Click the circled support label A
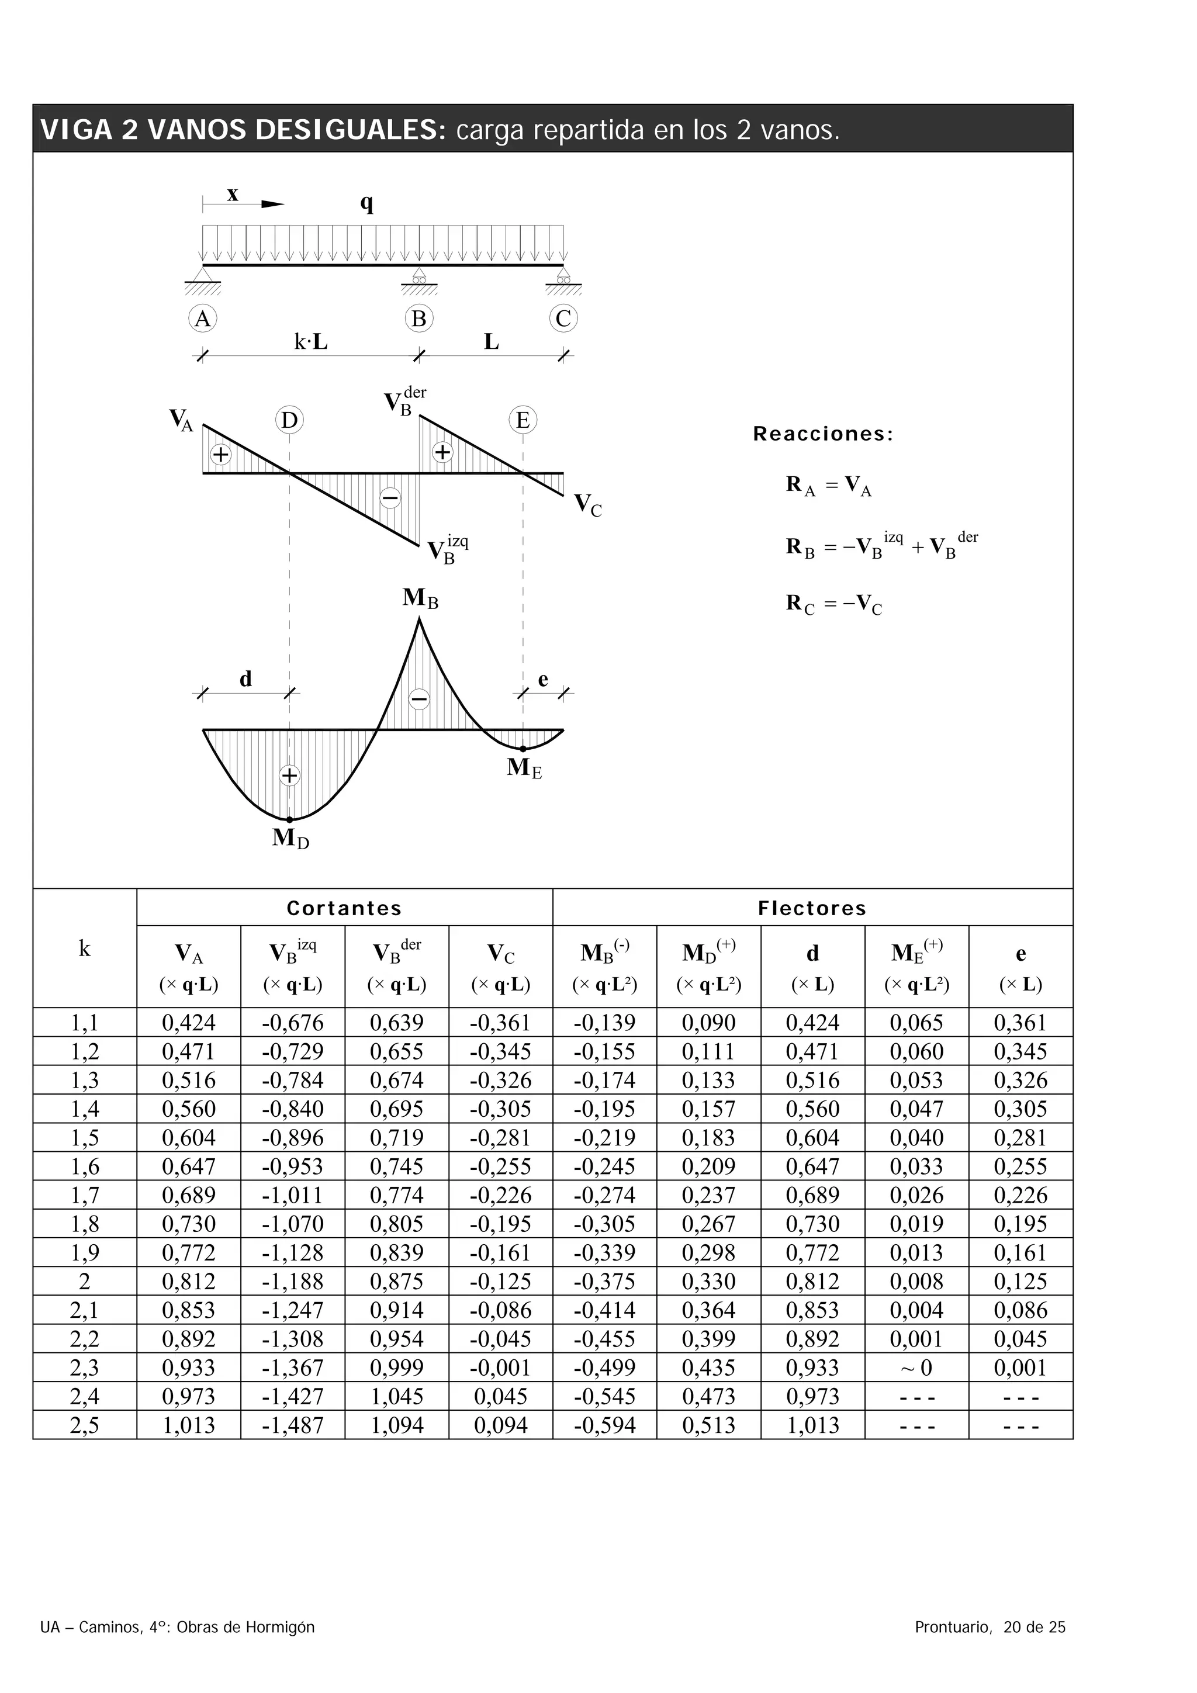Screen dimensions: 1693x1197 (x=202, y=318)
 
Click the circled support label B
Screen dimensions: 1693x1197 (x=419, y=318)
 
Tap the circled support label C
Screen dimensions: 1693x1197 (x=563, y=318)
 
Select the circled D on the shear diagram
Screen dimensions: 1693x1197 (x=289, y=420)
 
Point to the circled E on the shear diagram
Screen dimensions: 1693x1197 (x=523, y=420)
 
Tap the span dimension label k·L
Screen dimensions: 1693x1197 (x=310, y=342)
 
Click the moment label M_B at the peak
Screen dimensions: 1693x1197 (x=420, y=598)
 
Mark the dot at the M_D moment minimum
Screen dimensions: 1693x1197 (x=289, y=819)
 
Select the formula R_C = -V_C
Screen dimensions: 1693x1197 (x=833, y=605)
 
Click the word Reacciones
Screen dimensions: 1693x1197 (x=822, y=434)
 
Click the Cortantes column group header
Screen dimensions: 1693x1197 (x=344, y=908)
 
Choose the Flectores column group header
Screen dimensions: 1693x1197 (x=812, y=908)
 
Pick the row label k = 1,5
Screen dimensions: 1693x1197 (x=84, y=1138)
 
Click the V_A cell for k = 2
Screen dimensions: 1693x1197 (x=189, y=1282)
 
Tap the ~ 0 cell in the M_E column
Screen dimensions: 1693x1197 (x=916, y=1368)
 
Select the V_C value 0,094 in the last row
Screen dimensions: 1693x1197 (x=501, y=1425)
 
